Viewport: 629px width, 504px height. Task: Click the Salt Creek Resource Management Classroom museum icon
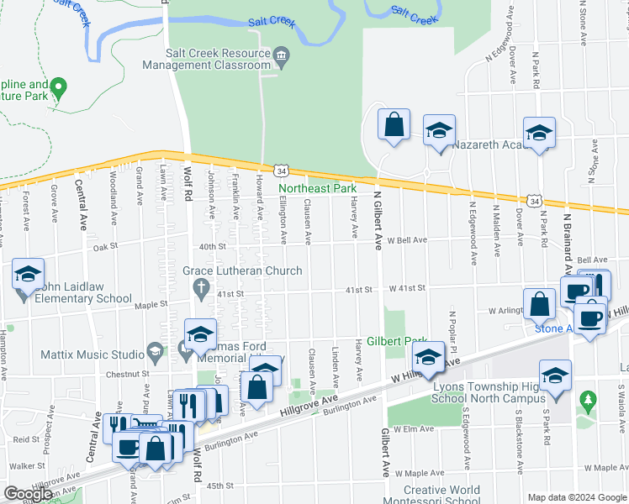[x=282, y=56]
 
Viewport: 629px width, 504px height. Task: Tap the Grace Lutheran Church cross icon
[x=200, y=289]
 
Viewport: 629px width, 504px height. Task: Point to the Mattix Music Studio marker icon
[x=154, y=349]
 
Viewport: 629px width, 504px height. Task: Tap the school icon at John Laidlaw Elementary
[x=28, y=275]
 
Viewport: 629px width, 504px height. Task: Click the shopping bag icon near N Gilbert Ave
[x=394, y=126]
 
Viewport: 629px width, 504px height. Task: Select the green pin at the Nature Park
[x=58, y=86]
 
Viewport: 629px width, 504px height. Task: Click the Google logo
[x=28, y=494]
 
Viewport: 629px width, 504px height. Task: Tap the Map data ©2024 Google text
[x=576, y=497]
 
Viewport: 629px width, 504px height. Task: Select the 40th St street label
[x=214, y=246]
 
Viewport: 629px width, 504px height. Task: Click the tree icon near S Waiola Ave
[x=588, y=400]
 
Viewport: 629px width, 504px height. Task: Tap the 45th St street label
[x=219, y=486]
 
